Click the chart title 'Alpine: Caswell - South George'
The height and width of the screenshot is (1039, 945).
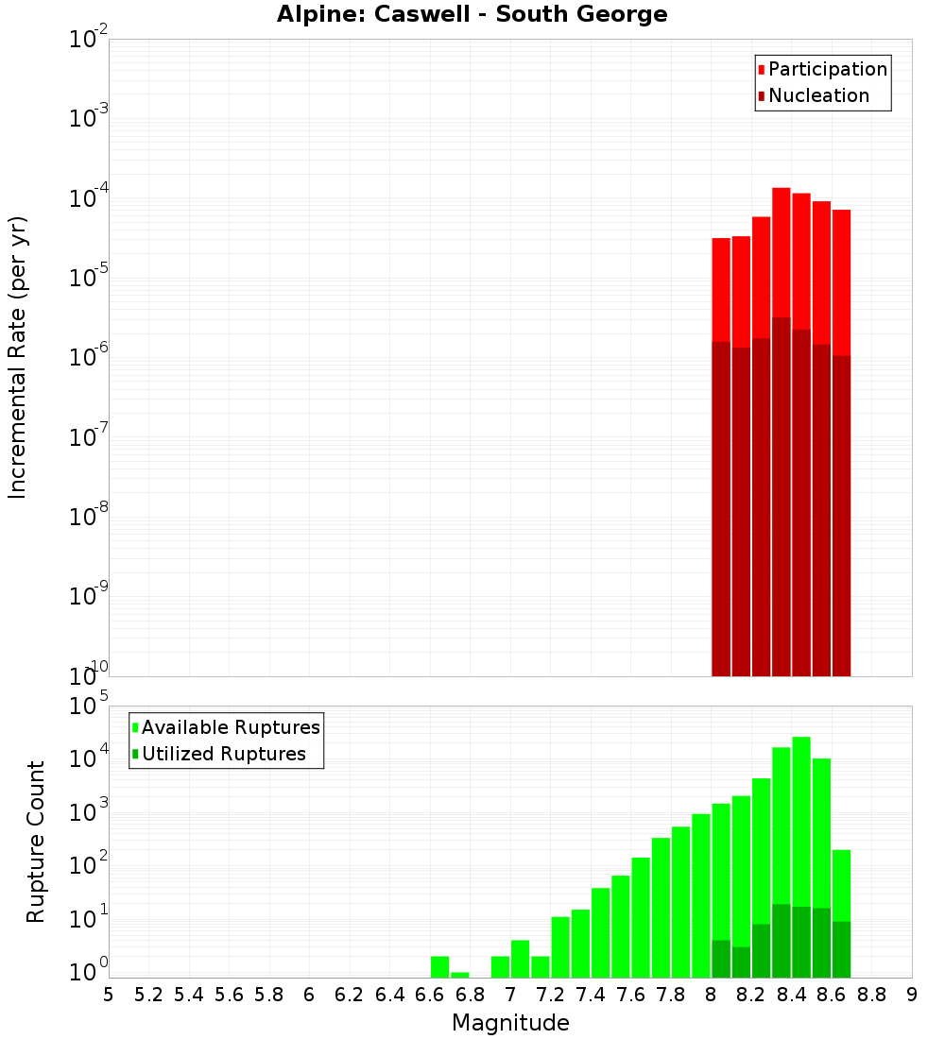tap(472, 15)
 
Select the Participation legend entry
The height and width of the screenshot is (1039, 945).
tap(828, 69)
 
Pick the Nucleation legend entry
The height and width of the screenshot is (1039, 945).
tap(818, 95)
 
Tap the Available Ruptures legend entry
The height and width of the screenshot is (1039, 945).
tap(231, 727)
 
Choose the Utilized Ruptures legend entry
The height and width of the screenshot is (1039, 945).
tap(223, 754)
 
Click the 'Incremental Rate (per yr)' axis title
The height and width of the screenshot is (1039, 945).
tap(18, 357)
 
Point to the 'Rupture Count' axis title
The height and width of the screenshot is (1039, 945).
tap(36, 841)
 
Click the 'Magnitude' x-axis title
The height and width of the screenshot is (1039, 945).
tap(510, 1022)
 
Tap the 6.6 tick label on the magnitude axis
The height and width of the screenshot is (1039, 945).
tap(430, 995)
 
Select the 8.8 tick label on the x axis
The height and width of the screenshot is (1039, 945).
tap(871, 995)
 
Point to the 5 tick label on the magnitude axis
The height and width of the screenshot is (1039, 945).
tap(109, 995)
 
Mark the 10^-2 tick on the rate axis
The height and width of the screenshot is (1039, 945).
tap(89, 40)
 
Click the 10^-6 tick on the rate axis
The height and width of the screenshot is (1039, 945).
tap(89, 357)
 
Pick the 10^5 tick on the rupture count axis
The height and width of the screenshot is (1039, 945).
tap(89, 707)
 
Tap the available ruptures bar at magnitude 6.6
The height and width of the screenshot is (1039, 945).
tap(439, 967)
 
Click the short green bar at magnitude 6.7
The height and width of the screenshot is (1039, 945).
tap(460, 975)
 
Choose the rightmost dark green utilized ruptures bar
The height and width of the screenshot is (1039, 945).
tap(841, 949)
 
